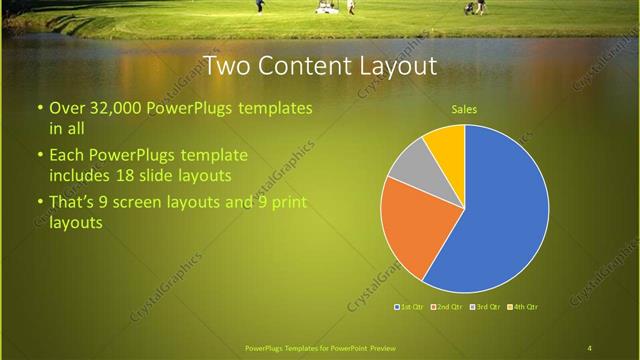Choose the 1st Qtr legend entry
click(408, 306)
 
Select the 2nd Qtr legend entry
click(446, 306)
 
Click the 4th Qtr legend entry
click(524, 306)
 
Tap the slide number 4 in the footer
click(589, 348)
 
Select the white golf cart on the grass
click(327, 7)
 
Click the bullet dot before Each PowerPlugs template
click(39, 156)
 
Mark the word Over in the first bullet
click(66, 107)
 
